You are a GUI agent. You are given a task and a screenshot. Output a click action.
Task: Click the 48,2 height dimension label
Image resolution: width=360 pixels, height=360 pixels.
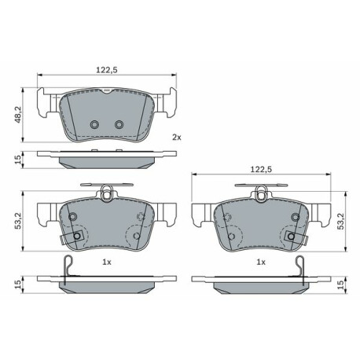pyautogui.click(x=18, y=115)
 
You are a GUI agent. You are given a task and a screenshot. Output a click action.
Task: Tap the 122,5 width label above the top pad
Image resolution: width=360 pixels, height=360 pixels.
pyautogui.click(x=107, y=70)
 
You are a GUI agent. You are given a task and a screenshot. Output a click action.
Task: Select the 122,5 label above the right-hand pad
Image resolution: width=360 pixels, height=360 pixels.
pyautogui.click(x=261, y=169)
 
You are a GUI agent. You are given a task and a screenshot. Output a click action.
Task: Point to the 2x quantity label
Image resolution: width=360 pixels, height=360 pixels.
pyautogui.click(x=177, y=137)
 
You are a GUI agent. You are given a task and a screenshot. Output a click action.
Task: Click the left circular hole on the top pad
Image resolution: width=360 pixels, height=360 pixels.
pyautogui.click(x=94, y=124)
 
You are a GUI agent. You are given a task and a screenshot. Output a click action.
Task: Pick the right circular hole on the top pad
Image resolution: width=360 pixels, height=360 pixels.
pyautogui.click(x=119, y=124)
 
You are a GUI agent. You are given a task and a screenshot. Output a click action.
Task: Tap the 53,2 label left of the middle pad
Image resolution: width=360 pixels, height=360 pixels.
pyautogui.click(x=18, y=221)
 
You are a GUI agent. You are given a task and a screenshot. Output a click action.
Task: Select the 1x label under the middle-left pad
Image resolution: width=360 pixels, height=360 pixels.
pyautogui.click(x=107, y=262)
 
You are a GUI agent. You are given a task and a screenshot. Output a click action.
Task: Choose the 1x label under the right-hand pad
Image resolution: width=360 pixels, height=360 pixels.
pyautogui.click(x=261, y=262)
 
